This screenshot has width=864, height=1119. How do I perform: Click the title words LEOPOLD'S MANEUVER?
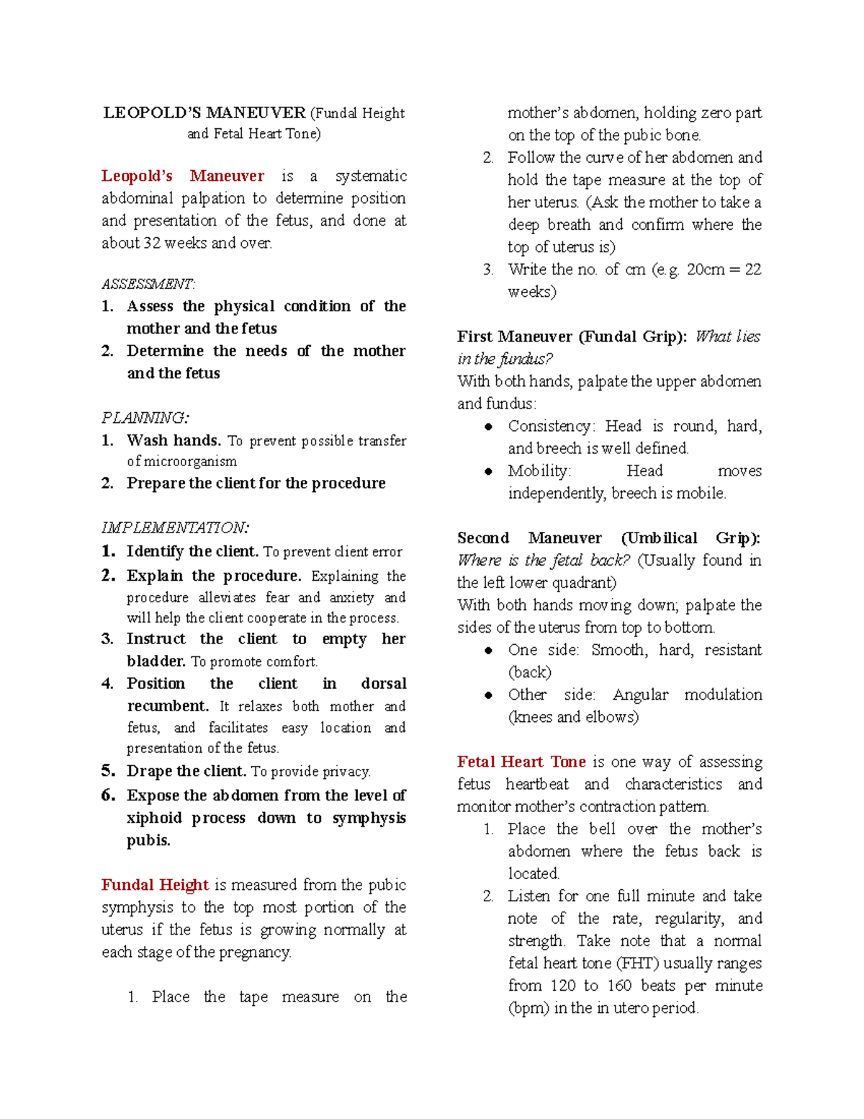[204, 113]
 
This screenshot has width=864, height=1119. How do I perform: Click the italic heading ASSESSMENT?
[148, 284]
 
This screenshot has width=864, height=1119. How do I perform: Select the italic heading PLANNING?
[145, 418]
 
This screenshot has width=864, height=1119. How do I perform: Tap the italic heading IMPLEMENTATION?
[175, 528]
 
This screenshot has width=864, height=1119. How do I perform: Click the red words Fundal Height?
[155, 885]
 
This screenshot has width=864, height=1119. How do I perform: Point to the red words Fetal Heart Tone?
[521, 762]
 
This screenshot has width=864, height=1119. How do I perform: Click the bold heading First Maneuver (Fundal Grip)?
[572, 337]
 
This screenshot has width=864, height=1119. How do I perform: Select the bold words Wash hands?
[174, 440]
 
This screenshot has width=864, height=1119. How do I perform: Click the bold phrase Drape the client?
[186, 771]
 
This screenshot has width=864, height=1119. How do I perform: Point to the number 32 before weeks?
[151, 244]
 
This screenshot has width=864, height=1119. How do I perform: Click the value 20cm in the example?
[705, 269]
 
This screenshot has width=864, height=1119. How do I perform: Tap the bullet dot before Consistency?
[489, 427]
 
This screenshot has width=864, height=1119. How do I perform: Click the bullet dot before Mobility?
[489, 471]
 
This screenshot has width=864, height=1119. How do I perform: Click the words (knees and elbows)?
[573, 717]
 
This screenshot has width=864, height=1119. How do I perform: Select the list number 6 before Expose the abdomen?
[108, 795]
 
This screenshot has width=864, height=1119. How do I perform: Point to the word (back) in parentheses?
[529, 672]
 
